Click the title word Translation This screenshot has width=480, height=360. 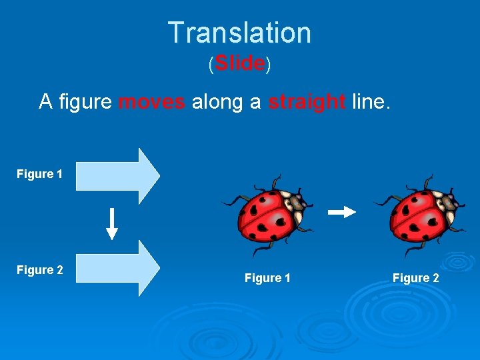point(239,33)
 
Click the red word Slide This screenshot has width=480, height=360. point(240,63)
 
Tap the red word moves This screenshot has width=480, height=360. point(151,102)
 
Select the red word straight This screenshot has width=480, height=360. point(307,102)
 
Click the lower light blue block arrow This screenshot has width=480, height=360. point(117,268)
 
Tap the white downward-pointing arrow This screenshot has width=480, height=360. point(112,224)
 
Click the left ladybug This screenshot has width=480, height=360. point(267,215)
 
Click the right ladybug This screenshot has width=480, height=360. point(419,215)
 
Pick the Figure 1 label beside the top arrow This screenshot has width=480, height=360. point(40,174)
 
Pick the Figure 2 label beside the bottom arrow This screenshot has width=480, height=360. point(40,270)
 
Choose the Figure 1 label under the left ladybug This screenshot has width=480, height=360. point(267,278)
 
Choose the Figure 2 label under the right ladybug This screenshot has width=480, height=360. point(416,278)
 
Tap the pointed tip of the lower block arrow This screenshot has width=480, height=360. point(159,268)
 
